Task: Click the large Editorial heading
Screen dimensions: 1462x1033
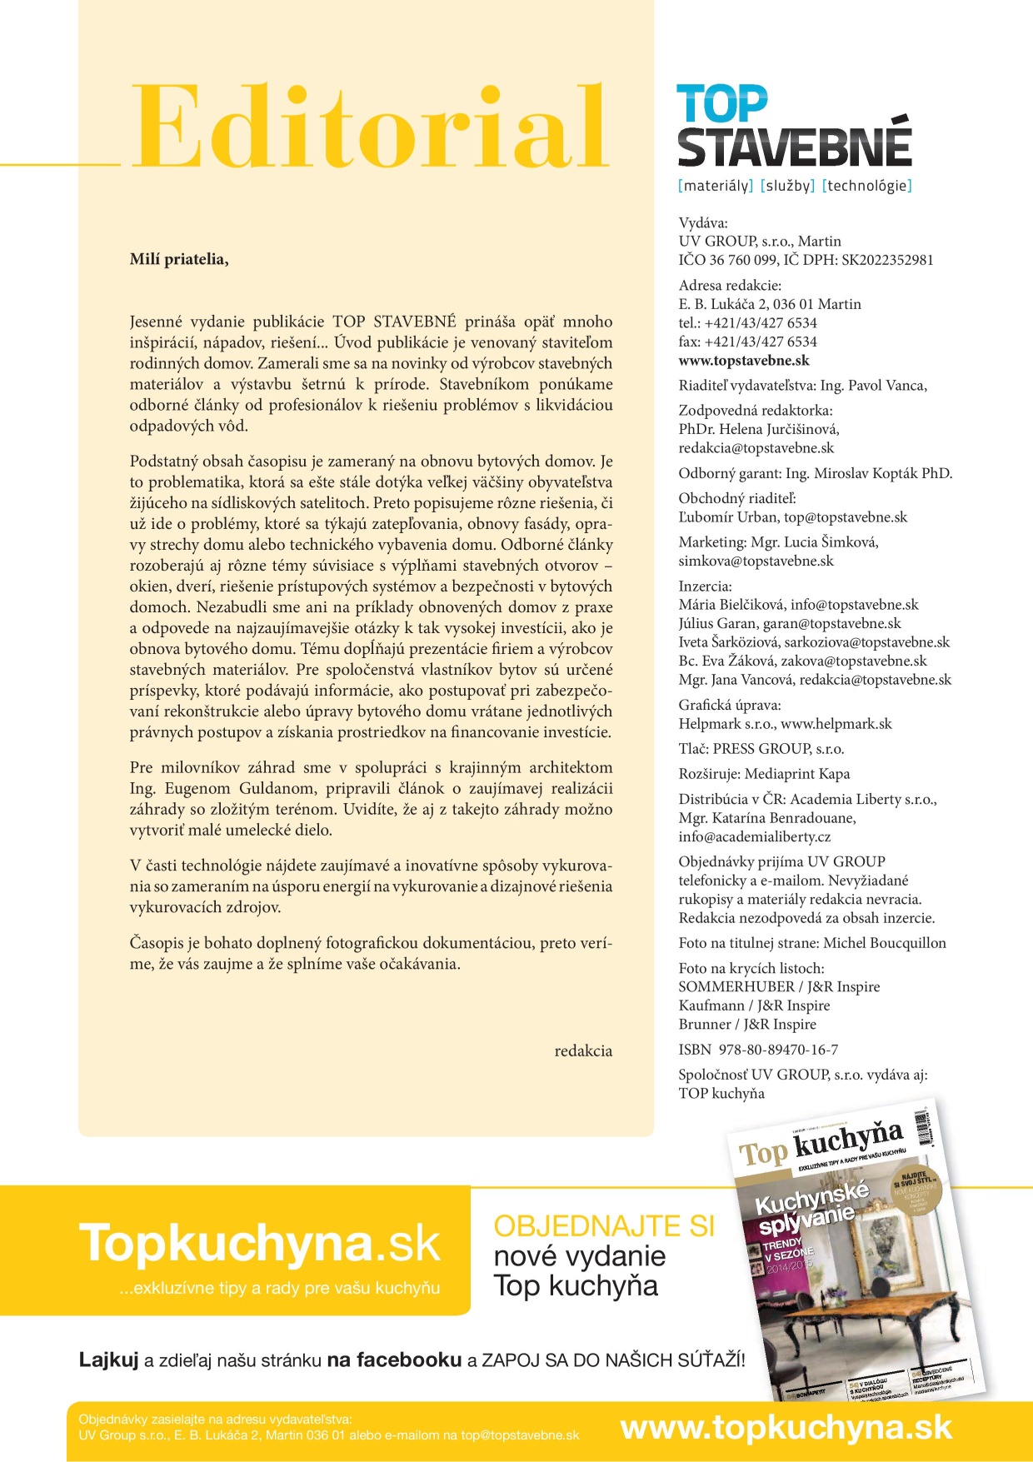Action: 372,127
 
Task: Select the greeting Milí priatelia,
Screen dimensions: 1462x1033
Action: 179,259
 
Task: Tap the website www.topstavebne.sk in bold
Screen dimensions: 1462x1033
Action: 744,361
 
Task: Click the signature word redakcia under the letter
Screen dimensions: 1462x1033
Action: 583,1051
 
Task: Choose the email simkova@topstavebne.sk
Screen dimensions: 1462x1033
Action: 756,561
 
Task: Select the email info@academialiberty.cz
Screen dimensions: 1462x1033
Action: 755,836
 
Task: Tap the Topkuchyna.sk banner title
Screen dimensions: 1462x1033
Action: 259,1244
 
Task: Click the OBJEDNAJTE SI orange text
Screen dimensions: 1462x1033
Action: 604,1226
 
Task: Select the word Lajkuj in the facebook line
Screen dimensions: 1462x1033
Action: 108,1360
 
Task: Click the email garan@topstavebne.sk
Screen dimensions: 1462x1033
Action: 831,623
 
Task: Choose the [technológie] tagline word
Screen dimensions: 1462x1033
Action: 867,186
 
